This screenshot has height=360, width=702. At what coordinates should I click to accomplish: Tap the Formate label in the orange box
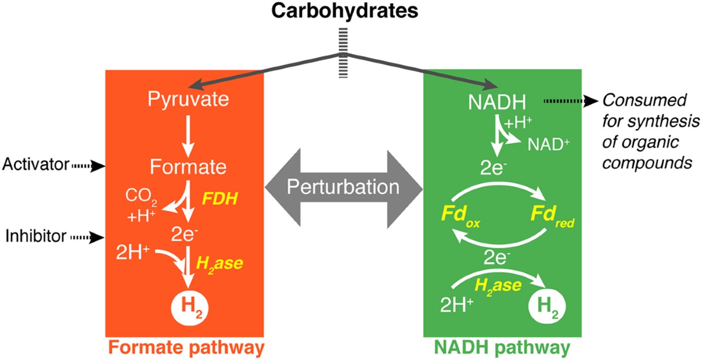(187, 167)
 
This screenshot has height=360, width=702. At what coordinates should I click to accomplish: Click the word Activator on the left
(36, 166)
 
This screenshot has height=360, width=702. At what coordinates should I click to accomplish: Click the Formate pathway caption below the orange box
(184, 347)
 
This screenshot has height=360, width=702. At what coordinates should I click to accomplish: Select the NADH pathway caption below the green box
(502, 347)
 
